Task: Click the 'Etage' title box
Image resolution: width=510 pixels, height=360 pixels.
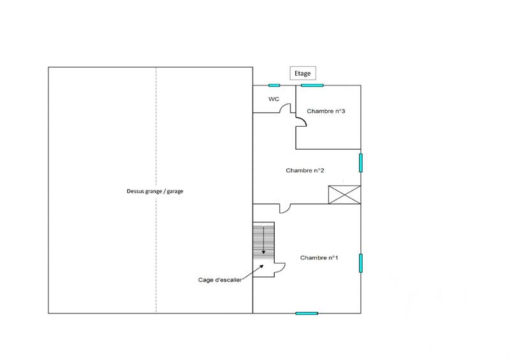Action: tap(302, 73)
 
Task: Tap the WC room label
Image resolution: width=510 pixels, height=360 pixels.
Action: tap(273, 99)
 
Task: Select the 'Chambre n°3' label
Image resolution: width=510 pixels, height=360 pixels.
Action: tap(326, 111)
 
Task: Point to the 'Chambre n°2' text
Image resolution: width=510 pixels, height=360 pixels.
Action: tap(305, 170)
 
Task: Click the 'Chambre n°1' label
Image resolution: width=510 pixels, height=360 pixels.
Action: tap(319, 257)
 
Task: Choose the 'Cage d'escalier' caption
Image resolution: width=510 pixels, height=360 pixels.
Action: tap(219, 280)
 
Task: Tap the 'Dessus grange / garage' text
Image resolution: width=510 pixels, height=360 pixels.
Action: tap(155, 191)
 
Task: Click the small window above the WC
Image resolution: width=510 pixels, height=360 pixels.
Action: tap(274, 85)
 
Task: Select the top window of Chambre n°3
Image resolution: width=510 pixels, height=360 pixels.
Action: tap(312, 85)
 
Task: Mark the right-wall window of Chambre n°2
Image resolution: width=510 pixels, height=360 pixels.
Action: tap(360, 162)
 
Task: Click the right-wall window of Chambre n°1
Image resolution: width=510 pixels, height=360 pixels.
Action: tap(360, 263)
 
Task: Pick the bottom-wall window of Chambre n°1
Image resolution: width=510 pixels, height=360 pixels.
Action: tap(307, 313)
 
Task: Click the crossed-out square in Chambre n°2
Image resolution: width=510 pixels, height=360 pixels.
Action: tap(344, 194)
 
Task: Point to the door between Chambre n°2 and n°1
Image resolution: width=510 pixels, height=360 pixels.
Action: tap(285, 208)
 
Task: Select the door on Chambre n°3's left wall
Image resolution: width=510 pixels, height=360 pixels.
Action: tap(300, 121)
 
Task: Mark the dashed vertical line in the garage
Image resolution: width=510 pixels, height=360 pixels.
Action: tap(157, 191)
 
